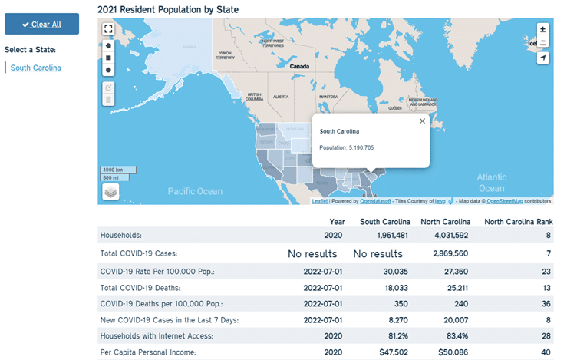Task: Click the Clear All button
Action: pyautogui.click(x=41, y=24)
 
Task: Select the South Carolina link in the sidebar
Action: pyautogui.click(x=36, y=68)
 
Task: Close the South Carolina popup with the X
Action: pyautogui.click(x=421, y=121)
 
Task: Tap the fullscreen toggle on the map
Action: pyautogui.click(x=108, y=29)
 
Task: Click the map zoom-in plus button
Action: pyautogui.click(x=543, y=29)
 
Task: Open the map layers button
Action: pyautogui.click(x=110, y=191)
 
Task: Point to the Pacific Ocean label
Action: pyautogui.click(x=195, y=191)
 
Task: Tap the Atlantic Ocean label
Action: pyautogui.click(x=491, y=183)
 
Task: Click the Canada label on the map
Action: pyautogui.click(x=298, y=66)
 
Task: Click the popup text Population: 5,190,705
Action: pyautogui.click(x=347, y=147)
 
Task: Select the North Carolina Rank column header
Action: pyautogui.click(x=518, y=221)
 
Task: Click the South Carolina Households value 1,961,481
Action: pyautogui.click(x=387, y=235)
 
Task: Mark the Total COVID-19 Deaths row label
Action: pyautogui.click(x=140, y=287)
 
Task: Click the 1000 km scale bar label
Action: pyautogui.click(x=114, y=170)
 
